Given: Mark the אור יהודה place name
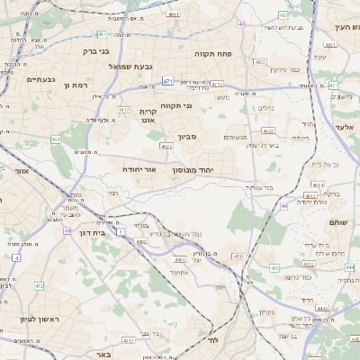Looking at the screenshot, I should coord(140,168).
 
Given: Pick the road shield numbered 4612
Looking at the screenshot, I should coord(125,110).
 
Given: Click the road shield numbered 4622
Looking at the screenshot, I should coord(166,146).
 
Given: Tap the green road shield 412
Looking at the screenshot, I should coord(40,286).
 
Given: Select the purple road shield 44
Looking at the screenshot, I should coord(67,231).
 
